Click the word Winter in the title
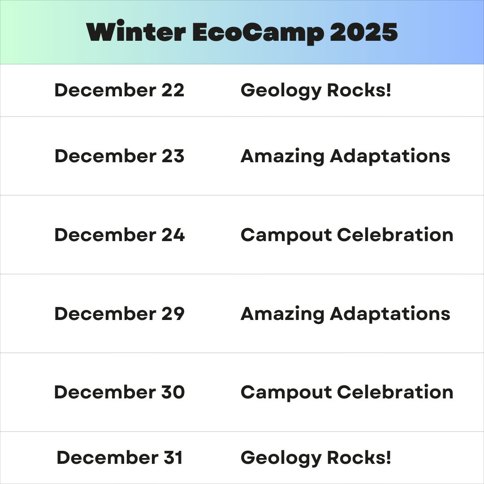click(136, 31)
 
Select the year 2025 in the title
click(364, 32)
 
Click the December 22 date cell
click(119, 90)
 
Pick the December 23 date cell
click(119, 156)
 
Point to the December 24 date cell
click(120, 235)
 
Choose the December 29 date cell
click(120, 314)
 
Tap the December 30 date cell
click(120, 392)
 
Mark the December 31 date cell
click(120, 458)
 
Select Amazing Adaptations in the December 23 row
click(346, 156)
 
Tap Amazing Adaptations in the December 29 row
click(346, 314)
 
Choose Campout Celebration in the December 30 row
click(347, 393)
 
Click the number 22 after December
click(173, 90)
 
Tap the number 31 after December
click(173, 458)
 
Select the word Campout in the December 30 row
click(286, 393)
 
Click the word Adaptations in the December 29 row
click(390, 314)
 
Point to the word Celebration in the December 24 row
click(395, 235)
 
